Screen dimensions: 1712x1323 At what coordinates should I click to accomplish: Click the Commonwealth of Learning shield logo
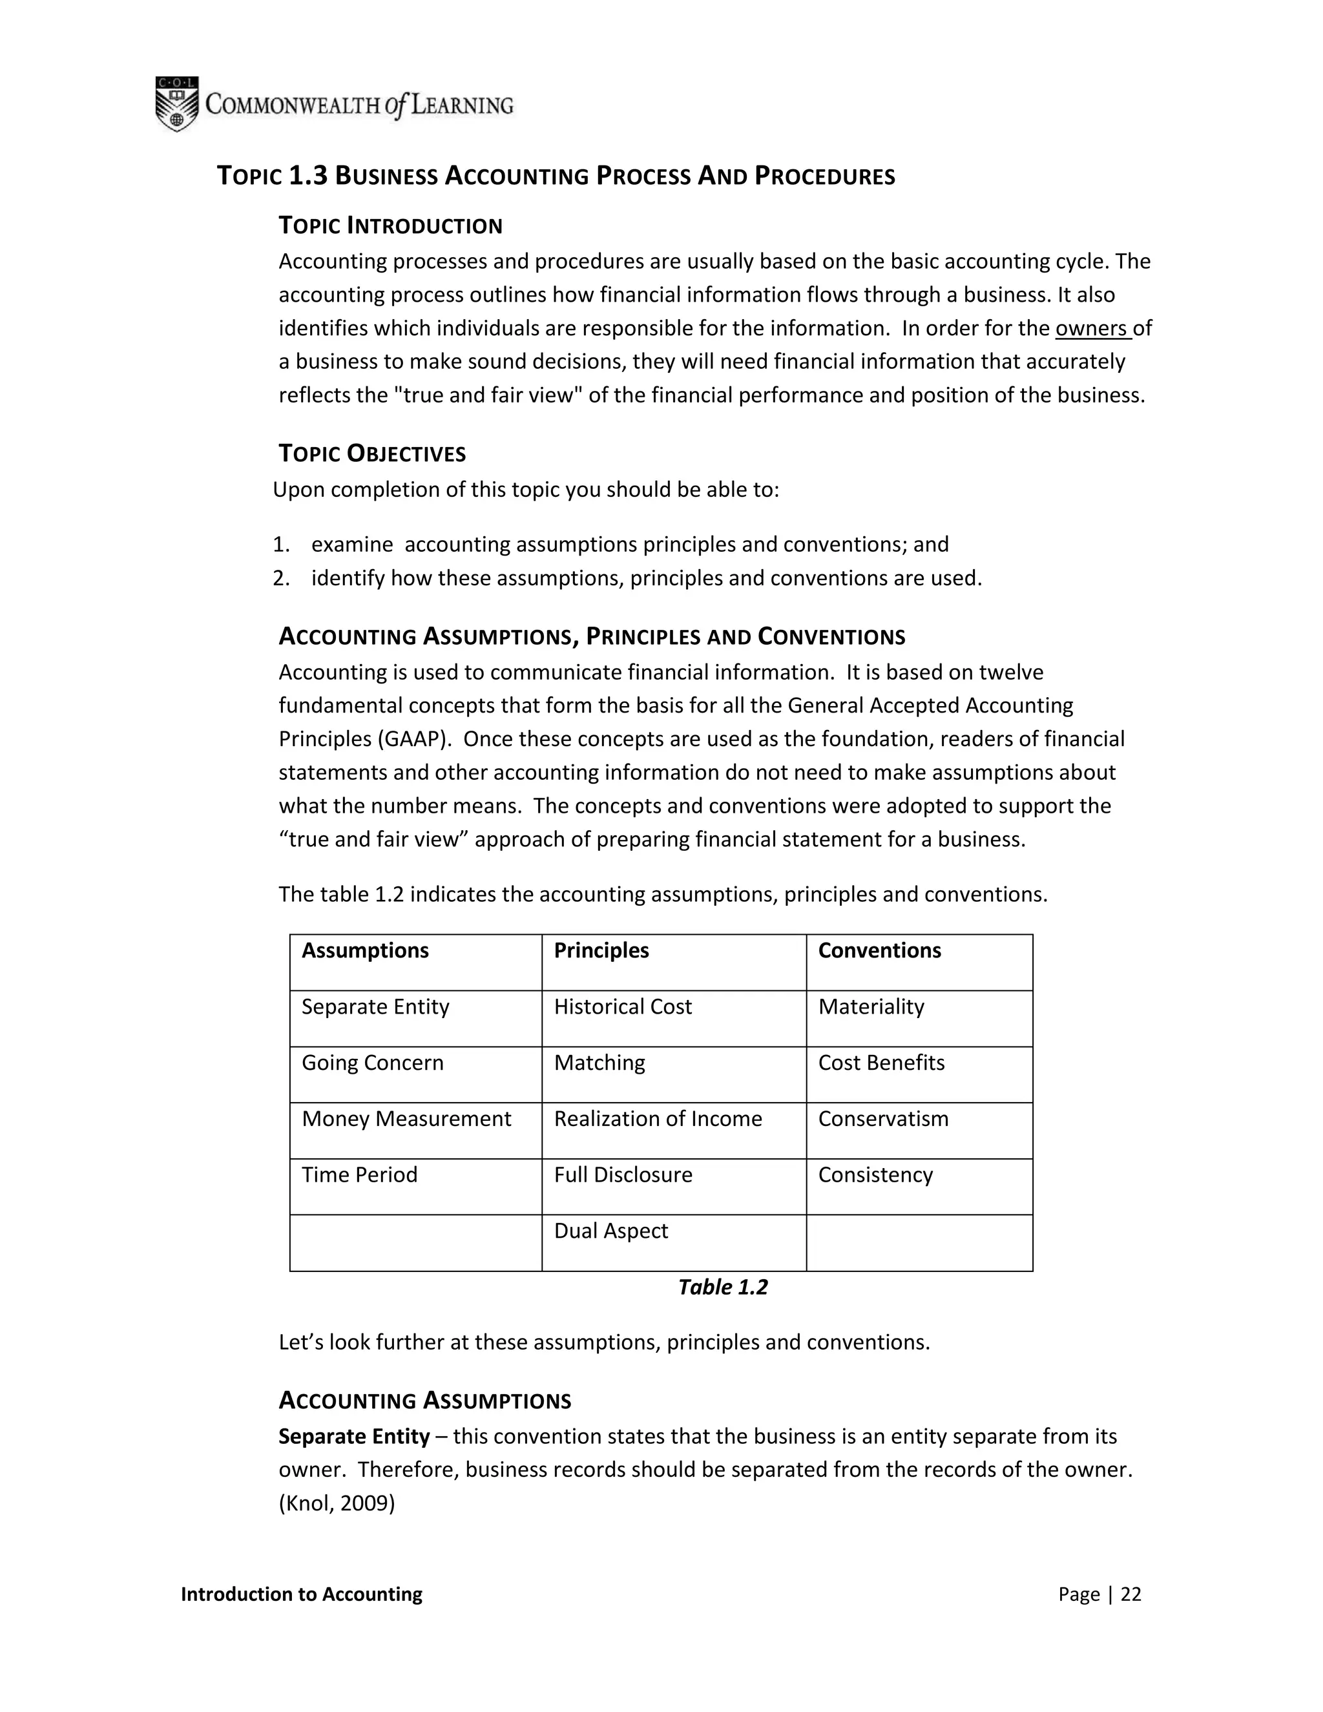[176, 103]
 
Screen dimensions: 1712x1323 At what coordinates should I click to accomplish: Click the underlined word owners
[1091, 328]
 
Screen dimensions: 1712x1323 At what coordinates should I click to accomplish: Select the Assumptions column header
[365, 950]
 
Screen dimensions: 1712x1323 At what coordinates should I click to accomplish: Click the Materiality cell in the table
[871, 1007]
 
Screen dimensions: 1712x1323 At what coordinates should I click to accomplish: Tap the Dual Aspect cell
[610, 1231]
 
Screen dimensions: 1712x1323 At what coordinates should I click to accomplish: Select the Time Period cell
[359, 1174]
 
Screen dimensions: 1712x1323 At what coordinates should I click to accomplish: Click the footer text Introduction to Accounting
[301, 1594]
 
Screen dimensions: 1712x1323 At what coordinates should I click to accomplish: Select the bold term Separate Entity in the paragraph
[354, 1436]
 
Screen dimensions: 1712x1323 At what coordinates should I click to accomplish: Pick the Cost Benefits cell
[881, 1062]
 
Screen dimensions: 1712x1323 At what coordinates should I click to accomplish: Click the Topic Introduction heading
[390, 225]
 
